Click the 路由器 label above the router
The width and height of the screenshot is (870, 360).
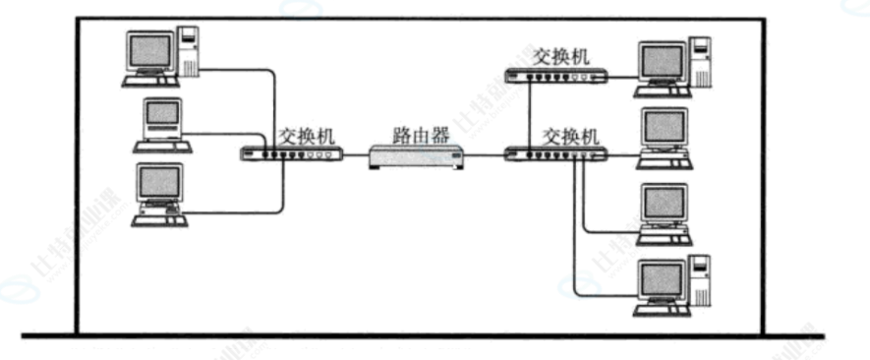tap(420, 135)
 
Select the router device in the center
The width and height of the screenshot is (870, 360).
tap(416, 156)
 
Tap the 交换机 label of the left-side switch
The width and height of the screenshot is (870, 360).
tap(307, 136)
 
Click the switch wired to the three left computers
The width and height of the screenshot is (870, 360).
tap(292, 153)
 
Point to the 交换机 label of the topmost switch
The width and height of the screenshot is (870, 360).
tap(561, 57)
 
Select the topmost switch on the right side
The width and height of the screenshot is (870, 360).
tap(556, 76)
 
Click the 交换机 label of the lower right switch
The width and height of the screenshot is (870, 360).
tap(571, 136)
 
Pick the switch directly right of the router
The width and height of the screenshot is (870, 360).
tap(556, 153)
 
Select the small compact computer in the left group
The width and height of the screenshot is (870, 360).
tap(162, 125)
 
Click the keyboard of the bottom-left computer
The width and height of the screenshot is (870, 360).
tap(159, 220)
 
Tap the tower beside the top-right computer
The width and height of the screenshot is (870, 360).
tap(700, 62)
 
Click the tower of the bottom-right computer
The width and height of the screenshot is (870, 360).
tap(700, 280)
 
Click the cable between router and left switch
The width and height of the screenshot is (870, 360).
tap(356, 156)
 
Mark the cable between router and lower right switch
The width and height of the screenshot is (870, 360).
tap(484, 156)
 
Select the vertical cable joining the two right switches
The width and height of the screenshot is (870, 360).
tap(530, 115)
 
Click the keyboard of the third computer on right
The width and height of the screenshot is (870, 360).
tap(665, 239)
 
